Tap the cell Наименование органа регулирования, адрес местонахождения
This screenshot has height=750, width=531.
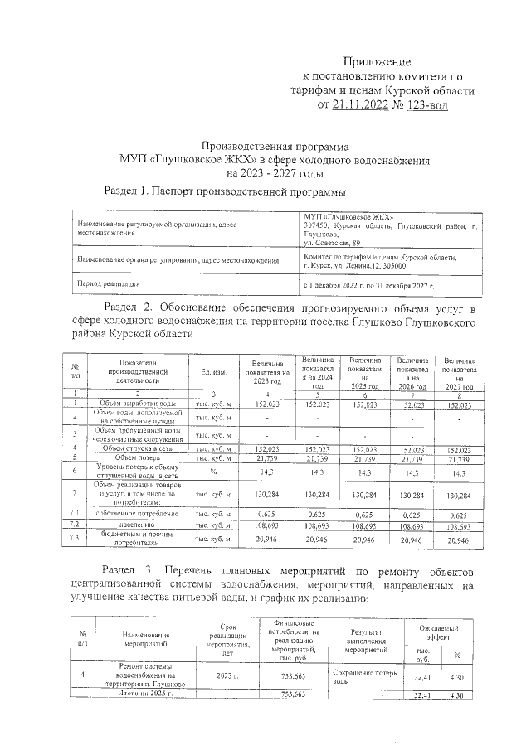pyautogui.click(x=177, y=261)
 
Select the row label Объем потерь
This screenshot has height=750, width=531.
pyautogui.click(x=138, y=457)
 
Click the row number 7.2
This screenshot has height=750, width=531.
pyautogui.click(x=76, y=525)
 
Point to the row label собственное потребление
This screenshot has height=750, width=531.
pyautogui.click(x=138, y=514)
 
